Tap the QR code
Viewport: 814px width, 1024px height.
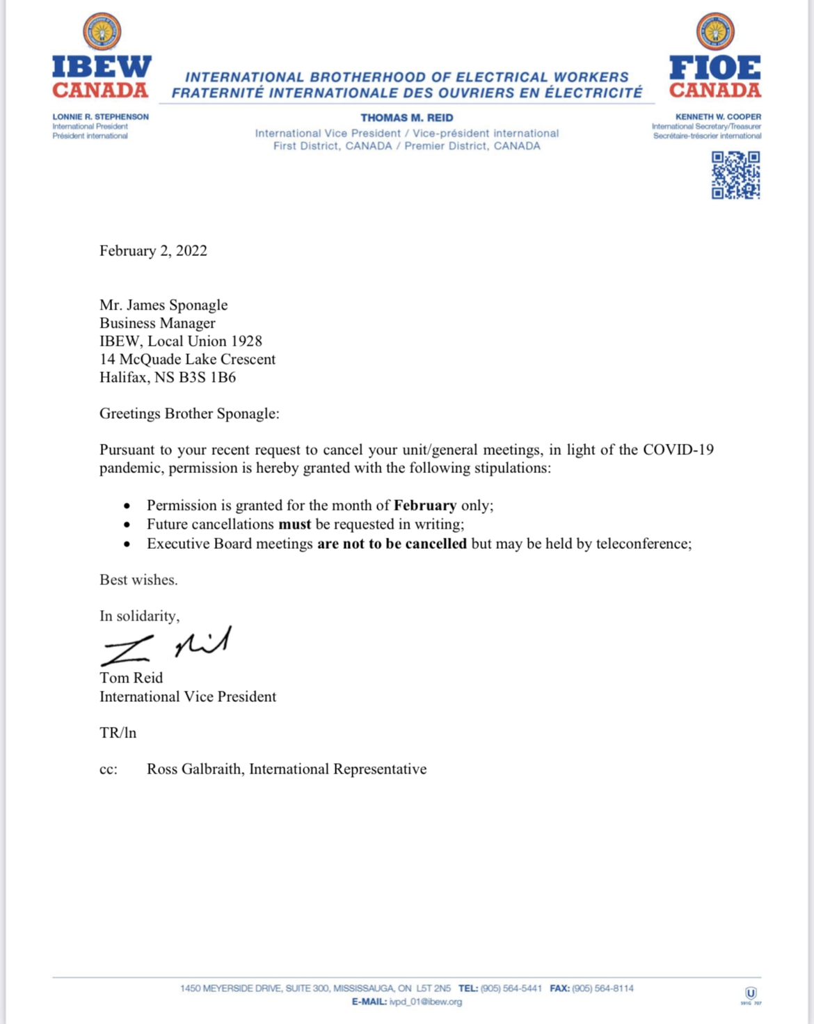click(x=735, y=175)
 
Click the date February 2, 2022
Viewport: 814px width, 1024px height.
click(x=153, y=250)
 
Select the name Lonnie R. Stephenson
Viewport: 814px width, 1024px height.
click(x=100, y=117)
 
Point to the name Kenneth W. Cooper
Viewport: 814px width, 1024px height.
click(x=718, y=117)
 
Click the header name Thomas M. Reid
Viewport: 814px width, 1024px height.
click(x=407, y=118)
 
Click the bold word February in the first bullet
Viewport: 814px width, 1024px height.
click(x=425, y=506)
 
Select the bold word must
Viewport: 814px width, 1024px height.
click(x=294, y=525)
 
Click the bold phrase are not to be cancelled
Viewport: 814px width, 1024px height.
click(x=392, y=544)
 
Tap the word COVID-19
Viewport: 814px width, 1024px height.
click(x=678, y=450)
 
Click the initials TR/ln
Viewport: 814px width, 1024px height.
click(x=118, y=733)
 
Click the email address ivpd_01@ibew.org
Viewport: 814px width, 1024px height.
click(x=425, y=1002)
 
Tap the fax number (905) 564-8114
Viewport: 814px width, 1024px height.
click(x=602, y=989)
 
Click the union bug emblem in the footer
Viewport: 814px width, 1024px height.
click(x=751, y=994)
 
